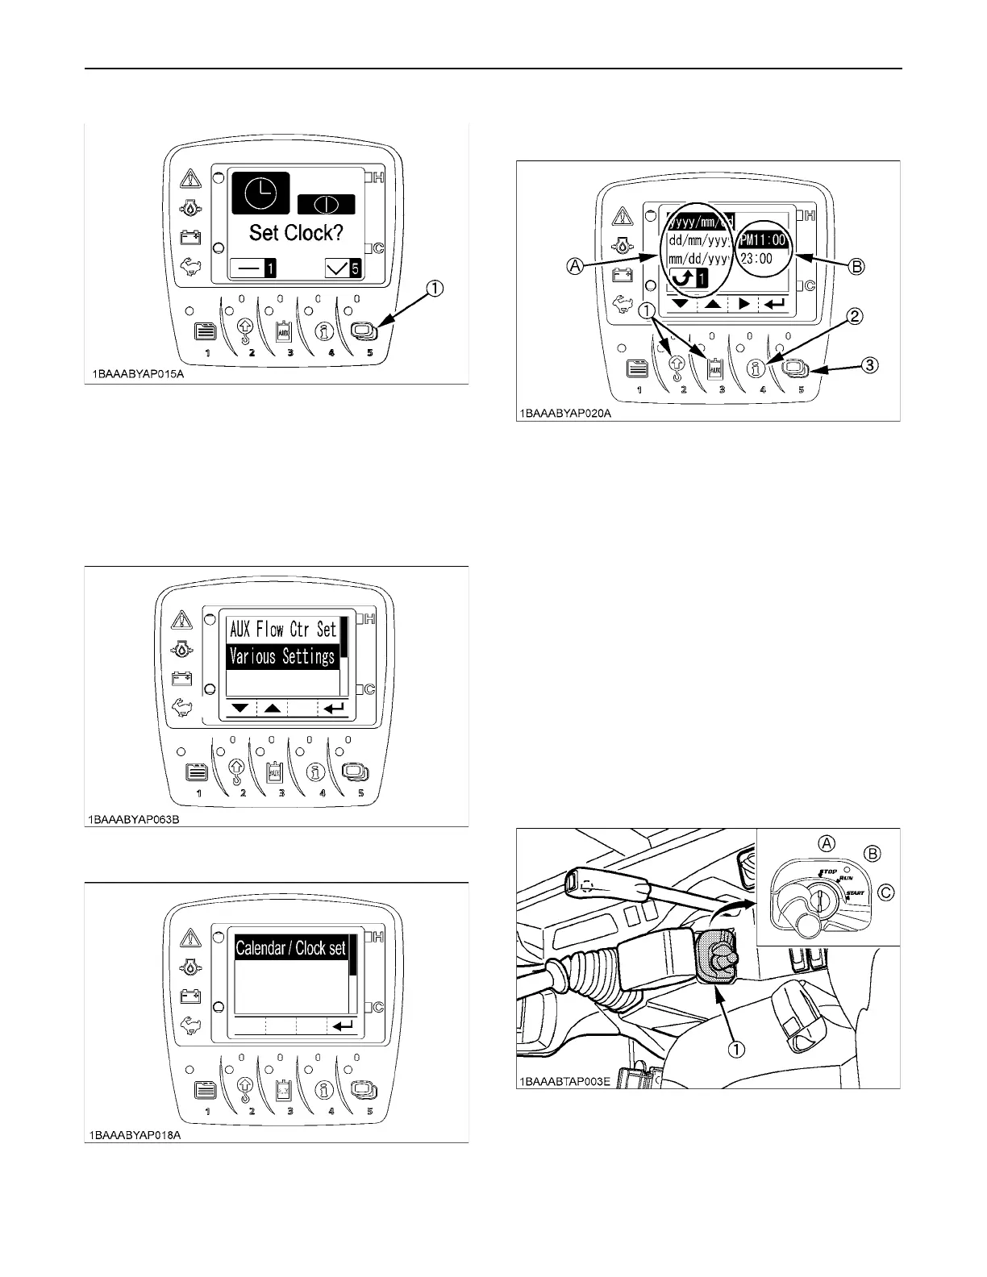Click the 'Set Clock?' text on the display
coord(296,233)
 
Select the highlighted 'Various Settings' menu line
coord(281,657)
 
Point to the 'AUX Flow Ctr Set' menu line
coord(282,629)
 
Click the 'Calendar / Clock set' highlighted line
coord(290,948)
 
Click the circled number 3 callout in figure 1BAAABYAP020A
coord(869,364)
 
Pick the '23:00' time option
coord(756,259)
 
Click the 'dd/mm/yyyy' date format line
coord(699,240)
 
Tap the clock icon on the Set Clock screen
coord(260,194)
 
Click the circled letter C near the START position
coord(885,892)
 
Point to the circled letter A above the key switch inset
coord(827,843)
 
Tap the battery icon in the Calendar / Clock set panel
coord(190,996)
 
